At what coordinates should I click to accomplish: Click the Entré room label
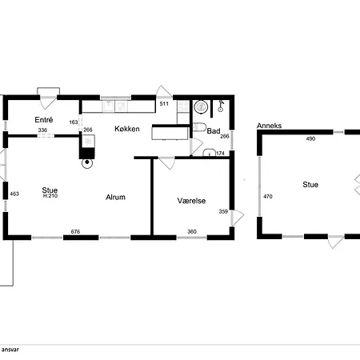pos(44,120)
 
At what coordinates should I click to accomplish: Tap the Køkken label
pos(127,129)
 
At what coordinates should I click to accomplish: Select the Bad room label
pos(214,131)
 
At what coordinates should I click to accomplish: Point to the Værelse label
pos(191,201)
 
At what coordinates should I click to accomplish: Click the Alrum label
pos(115,197)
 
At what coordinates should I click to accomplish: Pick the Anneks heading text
pos(269,126)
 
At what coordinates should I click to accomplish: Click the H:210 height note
pos(50,196)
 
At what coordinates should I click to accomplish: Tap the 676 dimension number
pos(75,232)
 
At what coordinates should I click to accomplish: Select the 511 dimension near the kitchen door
pos(164,104)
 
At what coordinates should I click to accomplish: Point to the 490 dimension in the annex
pos(310,138)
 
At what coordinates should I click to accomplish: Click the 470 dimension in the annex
pos(268,197)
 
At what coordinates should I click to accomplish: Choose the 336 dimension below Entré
pos(42,130)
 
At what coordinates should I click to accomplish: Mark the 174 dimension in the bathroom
pos(220,154)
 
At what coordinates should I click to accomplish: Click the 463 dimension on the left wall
pos(14,194)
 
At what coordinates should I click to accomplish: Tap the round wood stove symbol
pos(87,163)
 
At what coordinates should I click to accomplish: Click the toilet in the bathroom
pos(198,127)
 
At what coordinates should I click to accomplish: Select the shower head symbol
pos(221,106)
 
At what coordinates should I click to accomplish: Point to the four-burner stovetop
pos(183,106)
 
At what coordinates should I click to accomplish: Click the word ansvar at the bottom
pos(10,350)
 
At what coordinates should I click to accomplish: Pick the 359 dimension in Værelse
pos(223,211)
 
